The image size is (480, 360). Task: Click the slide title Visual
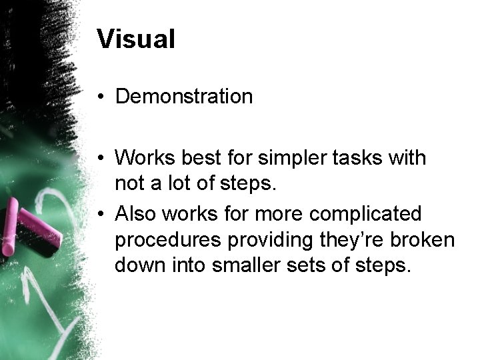point(135,39)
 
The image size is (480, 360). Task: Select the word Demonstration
point(183,97)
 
